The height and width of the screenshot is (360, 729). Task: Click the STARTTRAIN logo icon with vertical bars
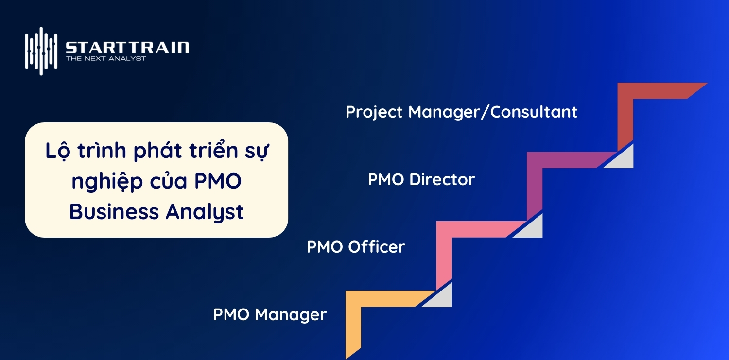pos(41,51)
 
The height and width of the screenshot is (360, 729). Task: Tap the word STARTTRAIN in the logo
pos(127,48)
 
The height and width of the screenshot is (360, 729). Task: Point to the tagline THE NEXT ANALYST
pos(106,59)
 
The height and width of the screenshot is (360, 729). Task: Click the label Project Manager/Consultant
pos(461,112)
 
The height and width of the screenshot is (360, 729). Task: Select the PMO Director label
pos(421,180)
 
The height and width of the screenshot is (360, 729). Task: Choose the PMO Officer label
pos(356,247)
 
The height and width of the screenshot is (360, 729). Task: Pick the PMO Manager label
pos(270,314)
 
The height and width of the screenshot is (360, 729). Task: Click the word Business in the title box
pos(114,212)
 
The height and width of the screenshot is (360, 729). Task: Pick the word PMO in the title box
pos(218,182)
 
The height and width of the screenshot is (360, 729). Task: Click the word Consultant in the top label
pos(534,112)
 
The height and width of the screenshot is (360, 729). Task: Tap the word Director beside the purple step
pos(442,180)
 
